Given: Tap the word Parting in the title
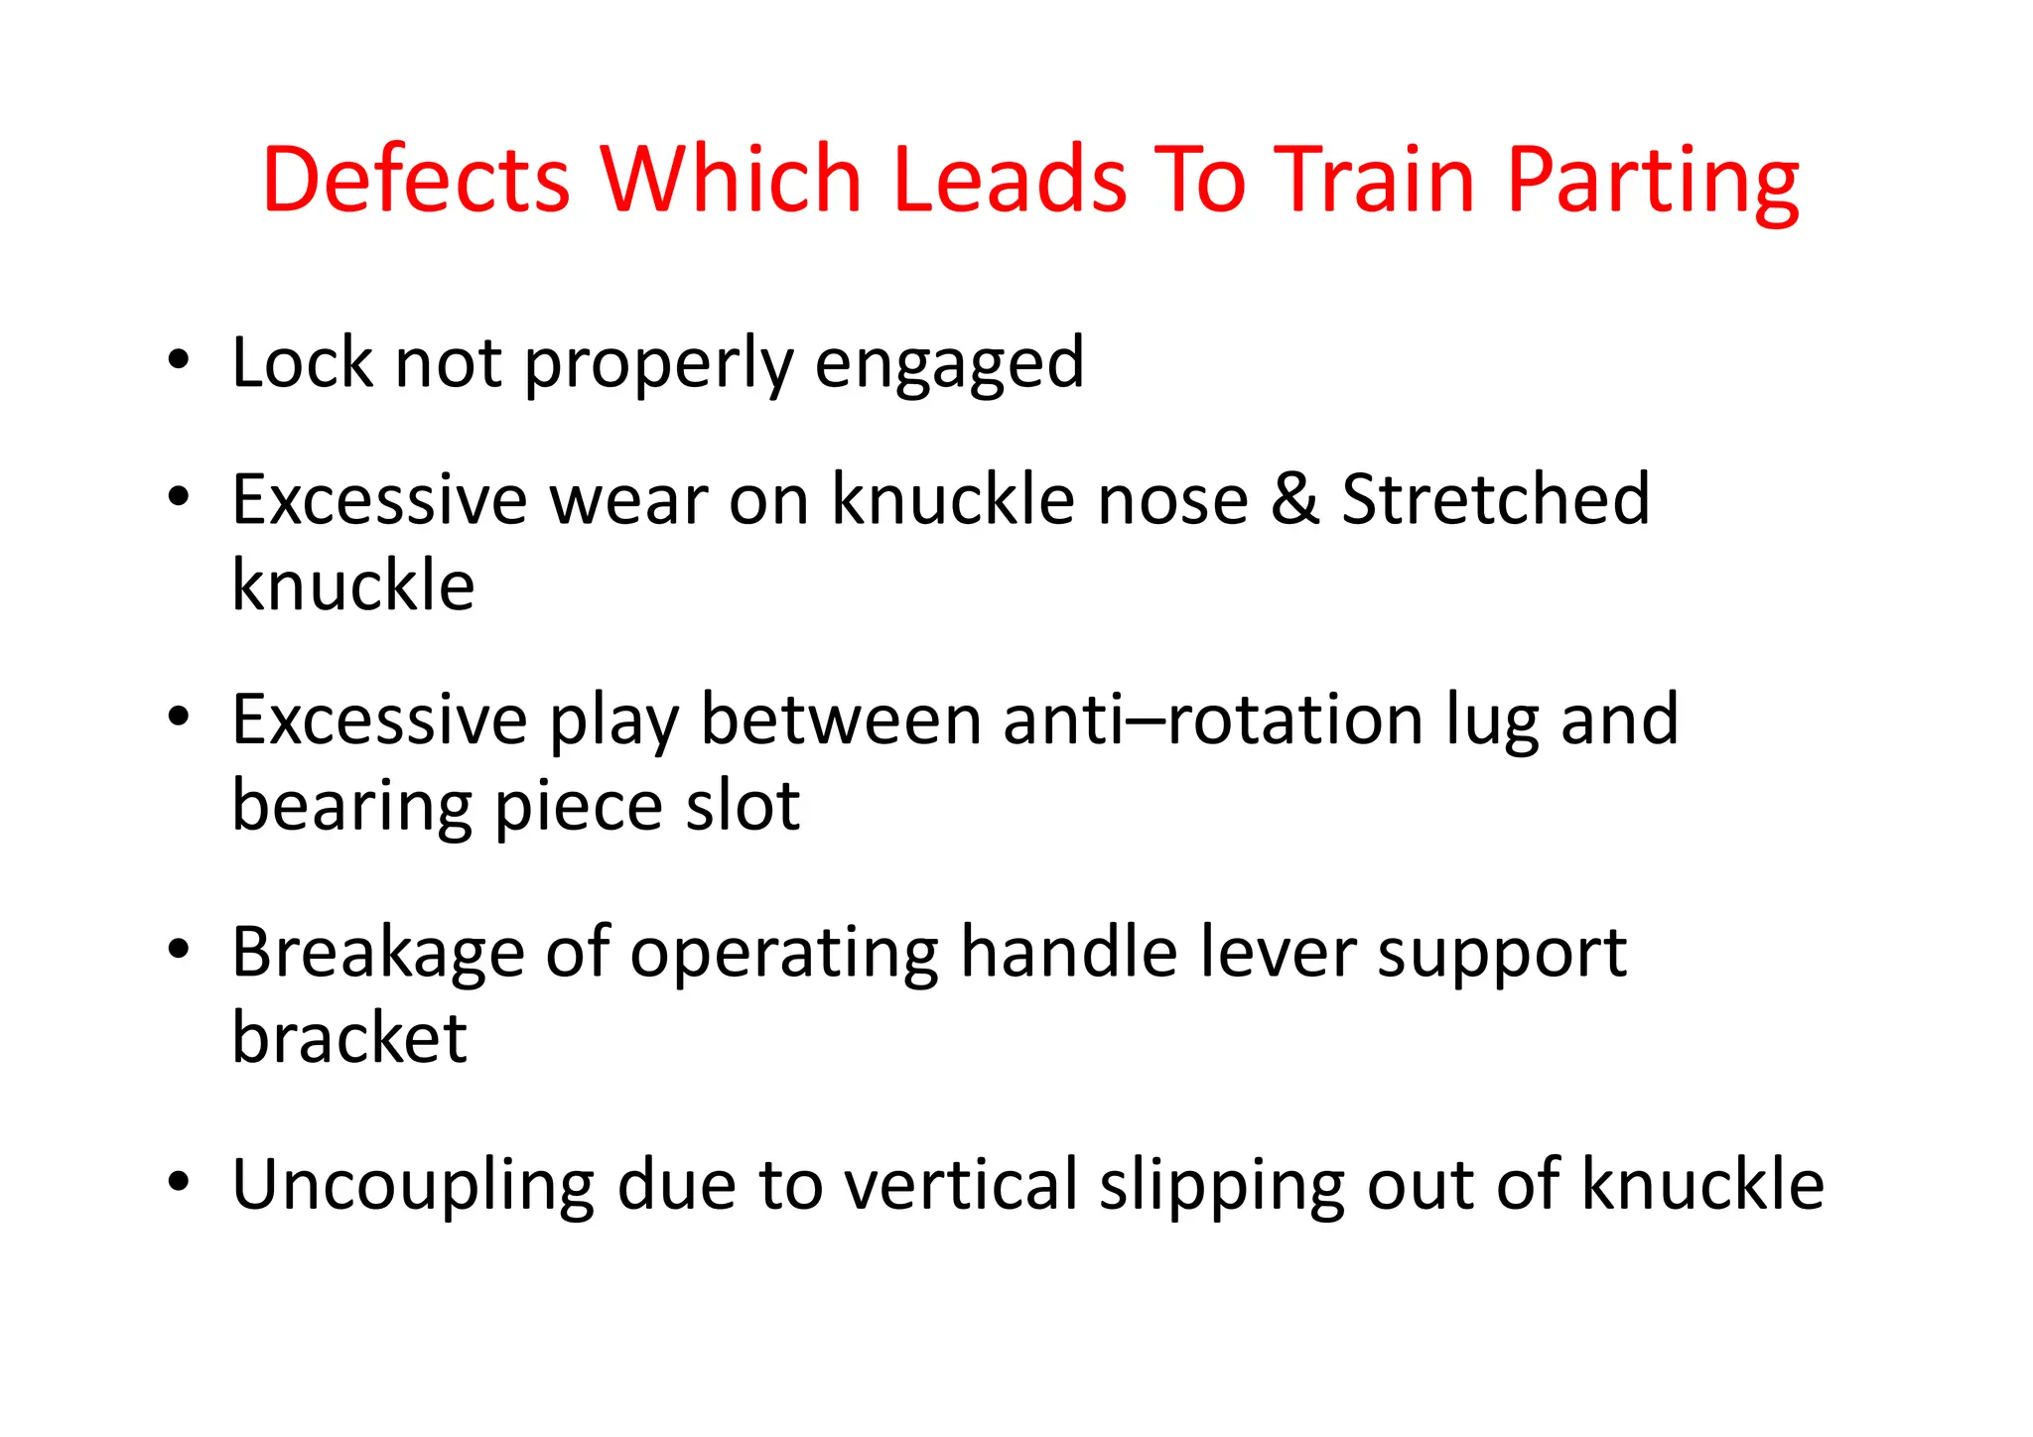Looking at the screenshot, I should tap(1653, 182).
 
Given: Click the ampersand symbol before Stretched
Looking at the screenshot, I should tap(1294, 498).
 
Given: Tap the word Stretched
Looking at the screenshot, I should tap(1496, 498).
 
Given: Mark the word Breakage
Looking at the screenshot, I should tap(377, 954).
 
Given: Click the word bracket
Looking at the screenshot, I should tap(349, 1038).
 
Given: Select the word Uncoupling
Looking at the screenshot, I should tap(412, 1186).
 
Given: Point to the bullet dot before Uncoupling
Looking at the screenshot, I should tap(179, 1183).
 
